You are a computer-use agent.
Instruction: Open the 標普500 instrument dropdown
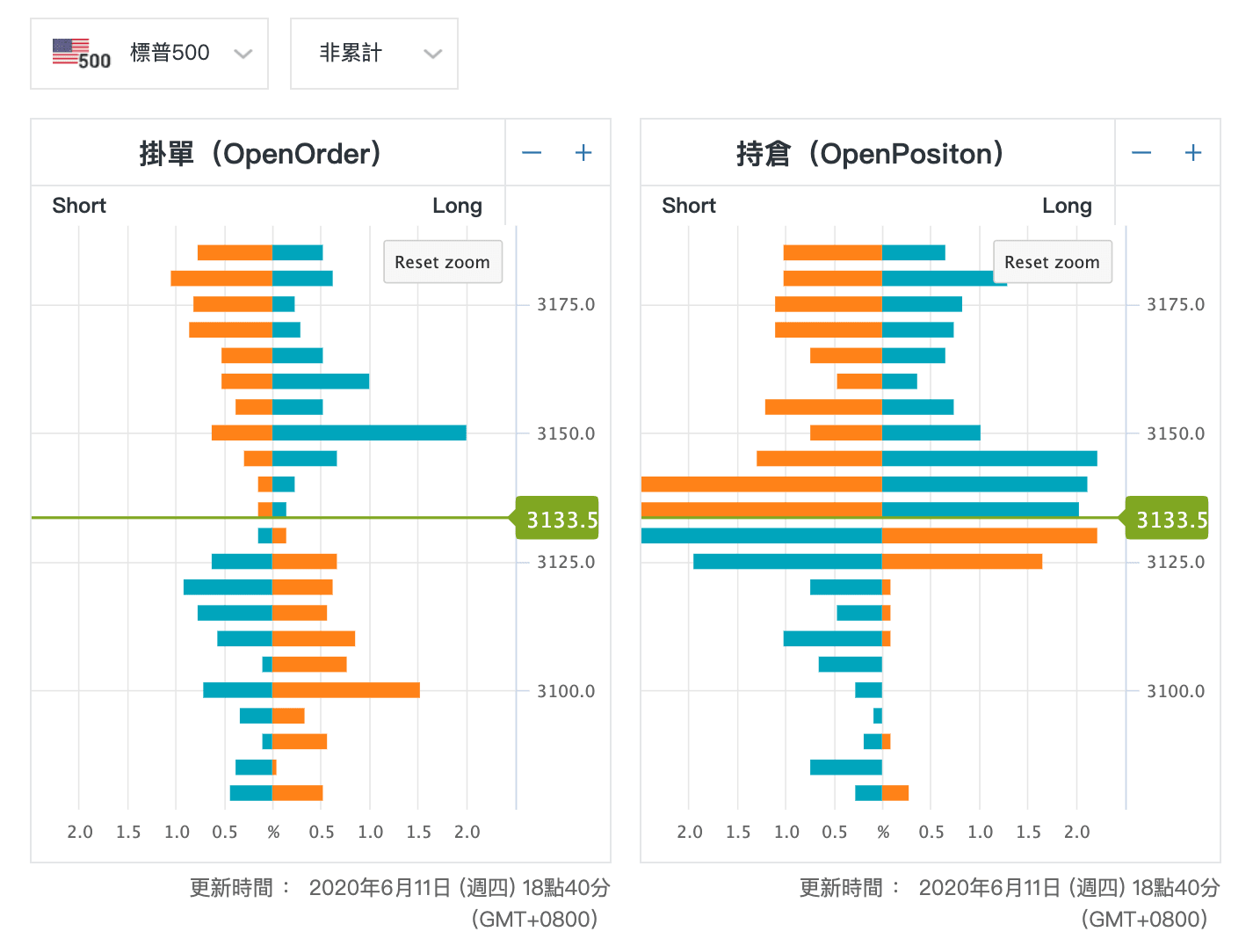coord(149,54)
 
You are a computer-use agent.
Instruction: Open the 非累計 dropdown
coord(373,54)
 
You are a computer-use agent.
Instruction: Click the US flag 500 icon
coord(81,54)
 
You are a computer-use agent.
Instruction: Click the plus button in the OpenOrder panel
coord(583,153)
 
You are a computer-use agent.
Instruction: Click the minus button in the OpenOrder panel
coord(532,153)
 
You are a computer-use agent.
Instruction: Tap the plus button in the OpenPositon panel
coord(1193,153)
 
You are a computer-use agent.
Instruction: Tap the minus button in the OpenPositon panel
coord(1141,153)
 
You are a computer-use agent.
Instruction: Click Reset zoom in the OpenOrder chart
coord(442,262)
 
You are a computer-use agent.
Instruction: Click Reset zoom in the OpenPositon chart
coord(1052,262)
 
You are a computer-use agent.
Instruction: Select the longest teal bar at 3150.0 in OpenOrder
coord(369,433)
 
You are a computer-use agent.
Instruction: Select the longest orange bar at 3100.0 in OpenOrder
coord(345,690)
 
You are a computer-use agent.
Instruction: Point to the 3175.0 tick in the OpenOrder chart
coord(566,305)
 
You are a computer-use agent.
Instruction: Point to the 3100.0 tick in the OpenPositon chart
coord(1176,691)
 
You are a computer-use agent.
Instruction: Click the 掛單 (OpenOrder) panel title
coord(260,154)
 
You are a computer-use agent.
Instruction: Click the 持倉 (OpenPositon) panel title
coord(870,154)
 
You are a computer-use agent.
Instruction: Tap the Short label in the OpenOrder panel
coord(79,206)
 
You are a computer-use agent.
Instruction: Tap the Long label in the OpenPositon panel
coord(1067,206)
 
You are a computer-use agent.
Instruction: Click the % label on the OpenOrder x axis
coord(273,832)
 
